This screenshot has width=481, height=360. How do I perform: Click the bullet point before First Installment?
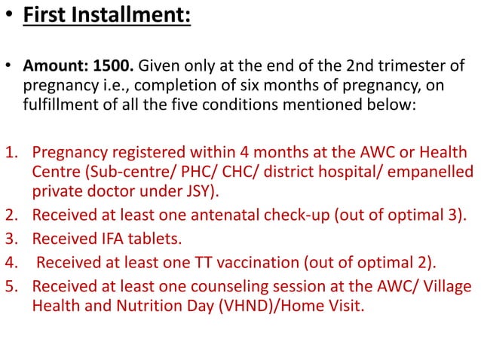pyautogui.click(x=8, y=16)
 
